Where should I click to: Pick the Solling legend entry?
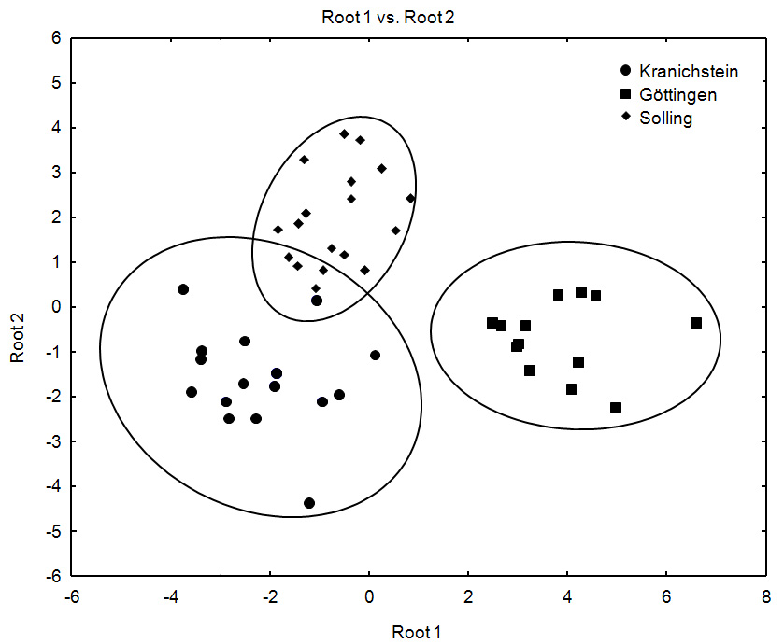(x=666, y=119)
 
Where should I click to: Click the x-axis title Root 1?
(x=418, y=633)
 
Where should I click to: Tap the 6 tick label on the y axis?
(x=55, y=38)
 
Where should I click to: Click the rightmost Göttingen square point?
(x=696, y=323)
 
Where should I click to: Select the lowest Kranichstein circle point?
(x=309, y=503)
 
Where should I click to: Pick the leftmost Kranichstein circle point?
(x=183, y=289)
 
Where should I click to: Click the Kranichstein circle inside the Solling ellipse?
(x=317, y=301)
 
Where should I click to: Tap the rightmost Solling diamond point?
(x=410, y=198)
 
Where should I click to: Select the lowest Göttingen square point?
(x=616, y=408)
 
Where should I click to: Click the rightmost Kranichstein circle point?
(x=375, y=355)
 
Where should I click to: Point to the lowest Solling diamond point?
(x=316, y=288)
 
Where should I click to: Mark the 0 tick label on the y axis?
(x=55, y=307)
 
